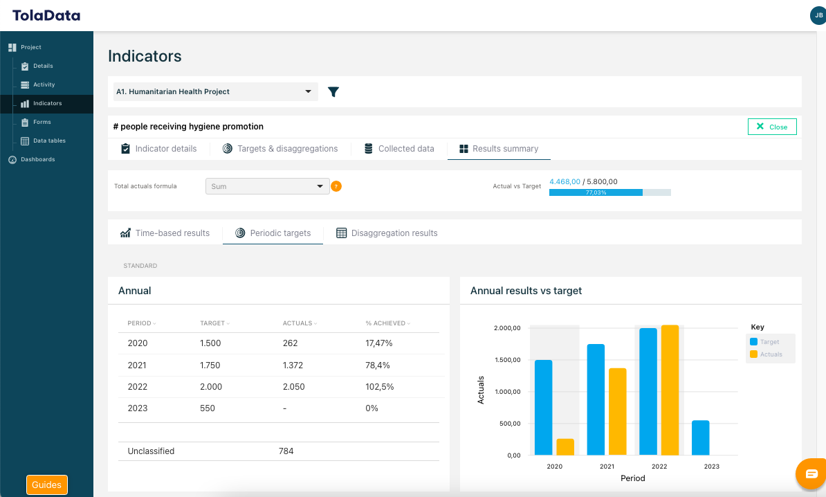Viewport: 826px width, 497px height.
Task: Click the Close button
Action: coord(772,127)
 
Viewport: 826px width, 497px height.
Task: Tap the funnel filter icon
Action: coord(333,92)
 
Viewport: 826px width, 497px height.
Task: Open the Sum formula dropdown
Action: coord(267,186)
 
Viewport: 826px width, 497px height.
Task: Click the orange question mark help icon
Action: coord(336,186)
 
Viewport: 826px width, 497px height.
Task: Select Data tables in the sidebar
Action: coord(49,141)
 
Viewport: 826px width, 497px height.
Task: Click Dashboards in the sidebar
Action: coord(37,159)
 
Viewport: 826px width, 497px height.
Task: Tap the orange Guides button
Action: coord(47,485)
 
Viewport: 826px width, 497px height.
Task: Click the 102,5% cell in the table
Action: coord(380,387)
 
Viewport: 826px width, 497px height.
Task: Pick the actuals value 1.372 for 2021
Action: coord(293,365)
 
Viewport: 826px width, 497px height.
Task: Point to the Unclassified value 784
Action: coord(286,451)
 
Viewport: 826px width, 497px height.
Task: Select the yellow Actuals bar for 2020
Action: coord(565,447)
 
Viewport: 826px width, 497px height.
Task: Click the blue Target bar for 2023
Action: coord(700,437)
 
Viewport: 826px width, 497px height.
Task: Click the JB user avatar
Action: coord(817,15)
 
